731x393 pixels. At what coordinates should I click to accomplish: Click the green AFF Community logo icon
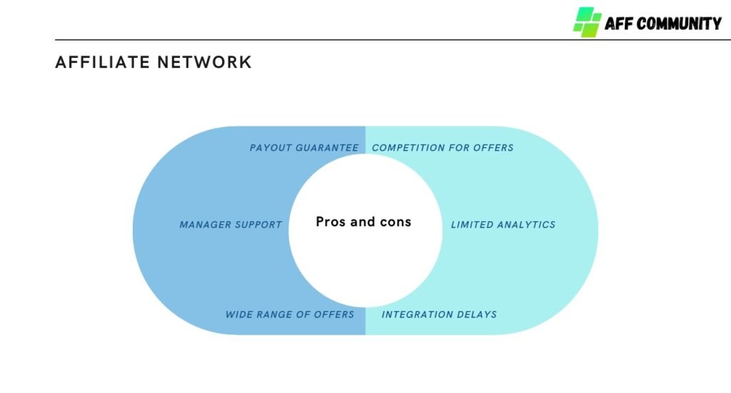click(x=587, y=22)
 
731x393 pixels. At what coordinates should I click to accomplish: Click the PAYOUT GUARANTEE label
click(x=304, y=148)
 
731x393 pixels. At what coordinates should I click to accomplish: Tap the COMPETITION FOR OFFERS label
click(x=443, y=148)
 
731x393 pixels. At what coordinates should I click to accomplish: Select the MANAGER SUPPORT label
click(x=231, y=225)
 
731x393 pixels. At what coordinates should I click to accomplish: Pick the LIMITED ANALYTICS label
click(x=503, y=225)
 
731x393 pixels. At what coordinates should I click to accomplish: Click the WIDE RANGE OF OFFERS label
click(x=290, y=315)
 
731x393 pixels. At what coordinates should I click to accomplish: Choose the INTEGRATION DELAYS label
click(x=439, y=315)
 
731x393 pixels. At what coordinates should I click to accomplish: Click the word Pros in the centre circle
click(x=331, y=222)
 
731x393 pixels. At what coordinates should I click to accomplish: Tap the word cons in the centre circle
click(x=395, y=222)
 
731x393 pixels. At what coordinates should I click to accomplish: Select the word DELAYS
click(x=477, y=315)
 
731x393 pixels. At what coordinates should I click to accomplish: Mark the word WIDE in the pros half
click(x=238, y=315)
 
